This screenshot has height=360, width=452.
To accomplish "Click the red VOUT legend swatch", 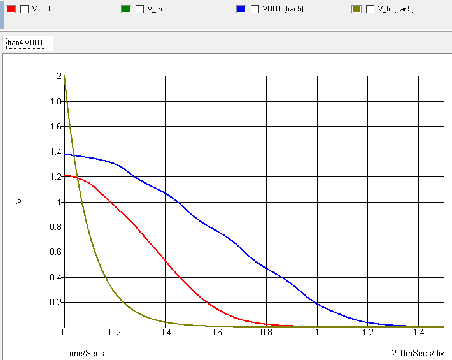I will pyautogui.click(x=11, y=10).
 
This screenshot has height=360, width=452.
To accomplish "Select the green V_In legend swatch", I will pyautogui.click(x=125, y=10).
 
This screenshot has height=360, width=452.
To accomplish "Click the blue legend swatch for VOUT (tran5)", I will pyautogui.click(x=241, y=10).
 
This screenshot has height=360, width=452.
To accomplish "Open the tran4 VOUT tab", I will pyautogui.click(x=28, y=43).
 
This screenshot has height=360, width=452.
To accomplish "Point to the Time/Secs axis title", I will pyautogui.click(x=84, y=353).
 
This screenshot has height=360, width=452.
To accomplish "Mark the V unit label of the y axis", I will pyautogui.click(x=20, y=201).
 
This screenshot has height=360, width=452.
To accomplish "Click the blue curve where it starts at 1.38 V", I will pyautogui.click(x=65, y=155).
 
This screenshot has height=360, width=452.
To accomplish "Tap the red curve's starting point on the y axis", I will pyautogui.click(x=65, y=175).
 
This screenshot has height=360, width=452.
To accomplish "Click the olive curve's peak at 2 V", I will pyautogui.click(x=64, y=77).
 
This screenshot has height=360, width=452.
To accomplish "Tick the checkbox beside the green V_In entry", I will pyautogui.click(x=139, y=10).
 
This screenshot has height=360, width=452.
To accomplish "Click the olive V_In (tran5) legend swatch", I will pyautogui.click(x=356, y=10).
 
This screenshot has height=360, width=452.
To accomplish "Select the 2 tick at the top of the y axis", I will pyautogui.click(x=59, y=76).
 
